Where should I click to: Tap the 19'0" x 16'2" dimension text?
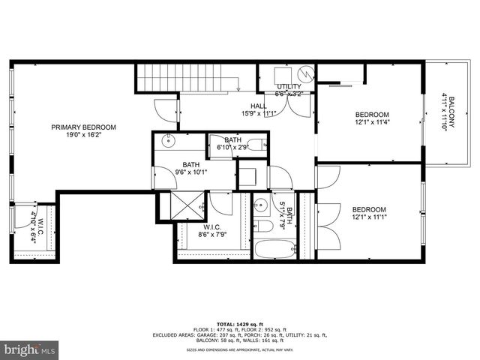[x=83, y=136]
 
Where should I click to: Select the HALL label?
[x=259, y=106]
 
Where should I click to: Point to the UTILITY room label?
[x=288, y=87]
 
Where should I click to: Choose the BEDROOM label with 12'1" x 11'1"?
[x=369, y=209]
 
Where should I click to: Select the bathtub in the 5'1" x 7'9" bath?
[x=274, y=247]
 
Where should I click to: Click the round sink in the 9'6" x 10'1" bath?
[x=169, y=140]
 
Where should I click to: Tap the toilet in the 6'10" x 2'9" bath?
[x=256, y=144]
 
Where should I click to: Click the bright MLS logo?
[x=30, y=349]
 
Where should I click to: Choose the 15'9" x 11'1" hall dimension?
[x=259, y=114]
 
